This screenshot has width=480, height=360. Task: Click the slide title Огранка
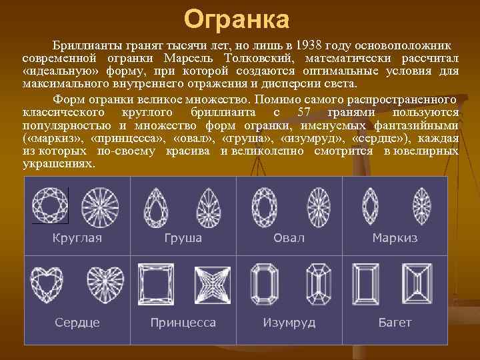pyautogui.click(x=236, y=19)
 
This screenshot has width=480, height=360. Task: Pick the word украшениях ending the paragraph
pyautogui.click(x=58, y=163)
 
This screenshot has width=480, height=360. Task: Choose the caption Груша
pyautogui.click(x=183, y=238)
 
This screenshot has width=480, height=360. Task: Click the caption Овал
pyautogui.click(x=289, y=238)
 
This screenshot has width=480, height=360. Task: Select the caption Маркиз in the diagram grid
pyautogui.click(x=395, y=238)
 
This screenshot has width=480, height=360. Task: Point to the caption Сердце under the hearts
pyautogui.click(x=77, y=323)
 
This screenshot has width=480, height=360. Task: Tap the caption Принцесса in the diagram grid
pyautogui.click(x=183, y=323)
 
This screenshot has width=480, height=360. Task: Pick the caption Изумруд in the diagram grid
pyautogui.click(x=289, y=323)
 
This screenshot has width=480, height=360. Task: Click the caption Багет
pyautogui.click(x=395, y=323)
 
